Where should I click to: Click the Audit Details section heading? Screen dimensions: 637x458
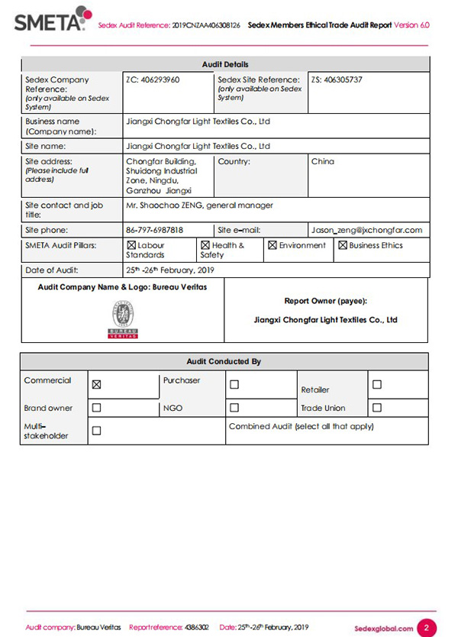tap(224, 64)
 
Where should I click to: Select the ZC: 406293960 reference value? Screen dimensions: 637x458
tap(153, 79)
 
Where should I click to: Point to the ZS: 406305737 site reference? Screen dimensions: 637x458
tap(337, 79)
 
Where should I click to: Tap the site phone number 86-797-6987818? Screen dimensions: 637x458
tap(154, 230)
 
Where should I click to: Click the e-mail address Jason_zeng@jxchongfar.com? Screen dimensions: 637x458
tap(366, 230)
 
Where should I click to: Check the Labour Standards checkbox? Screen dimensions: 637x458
tap(131, 246)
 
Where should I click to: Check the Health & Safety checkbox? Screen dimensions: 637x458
tap(205, 246)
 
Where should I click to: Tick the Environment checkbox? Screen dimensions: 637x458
tap(273, 246)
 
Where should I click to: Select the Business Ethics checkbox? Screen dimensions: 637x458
tap(343, 246)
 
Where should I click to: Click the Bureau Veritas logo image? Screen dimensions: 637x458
tap(122, 319)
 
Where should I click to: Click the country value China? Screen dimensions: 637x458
tap(323, 162)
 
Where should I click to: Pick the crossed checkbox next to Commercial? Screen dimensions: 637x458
tap(96, 385)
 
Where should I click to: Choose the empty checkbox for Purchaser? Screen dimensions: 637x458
tap(234, 385)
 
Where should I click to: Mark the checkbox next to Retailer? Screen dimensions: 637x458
tap(377, 385)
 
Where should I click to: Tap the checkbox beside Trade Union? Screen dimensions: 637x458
tap(377, 408)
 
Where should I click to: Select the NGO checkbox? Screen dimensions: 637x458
tap(234, 408)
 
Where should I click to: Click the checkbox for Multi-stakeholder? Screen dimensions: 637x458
tap(96, 431)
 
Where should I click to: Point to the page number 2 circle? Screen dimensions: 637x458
tap(428, 627)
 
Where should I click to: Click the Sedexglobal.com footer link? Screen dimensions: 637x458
tap(384, 628)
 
